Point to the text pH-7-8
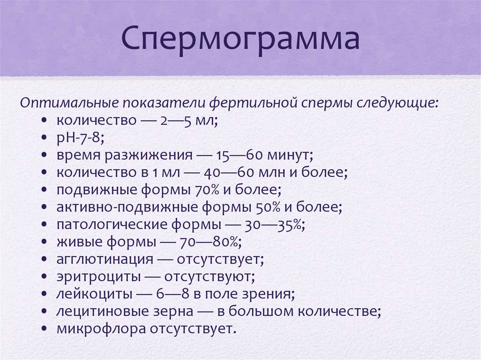[80, 138]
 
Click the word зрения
[272, 294]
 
